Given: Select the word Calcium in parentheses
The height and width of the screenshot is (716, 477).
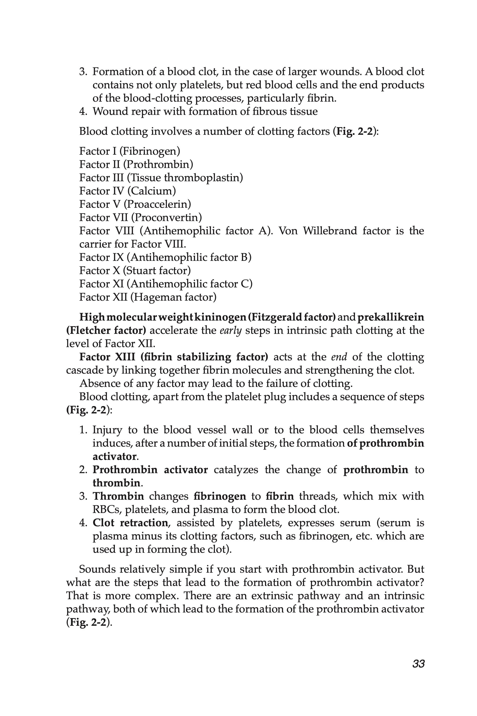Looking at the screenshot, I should pos(152,191).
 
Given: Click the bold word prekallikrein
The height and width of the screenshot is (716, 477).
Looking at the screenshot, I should pos(390,317).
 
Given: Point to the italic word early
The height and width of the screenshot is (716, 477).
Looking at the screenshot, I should pos(231,330).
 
